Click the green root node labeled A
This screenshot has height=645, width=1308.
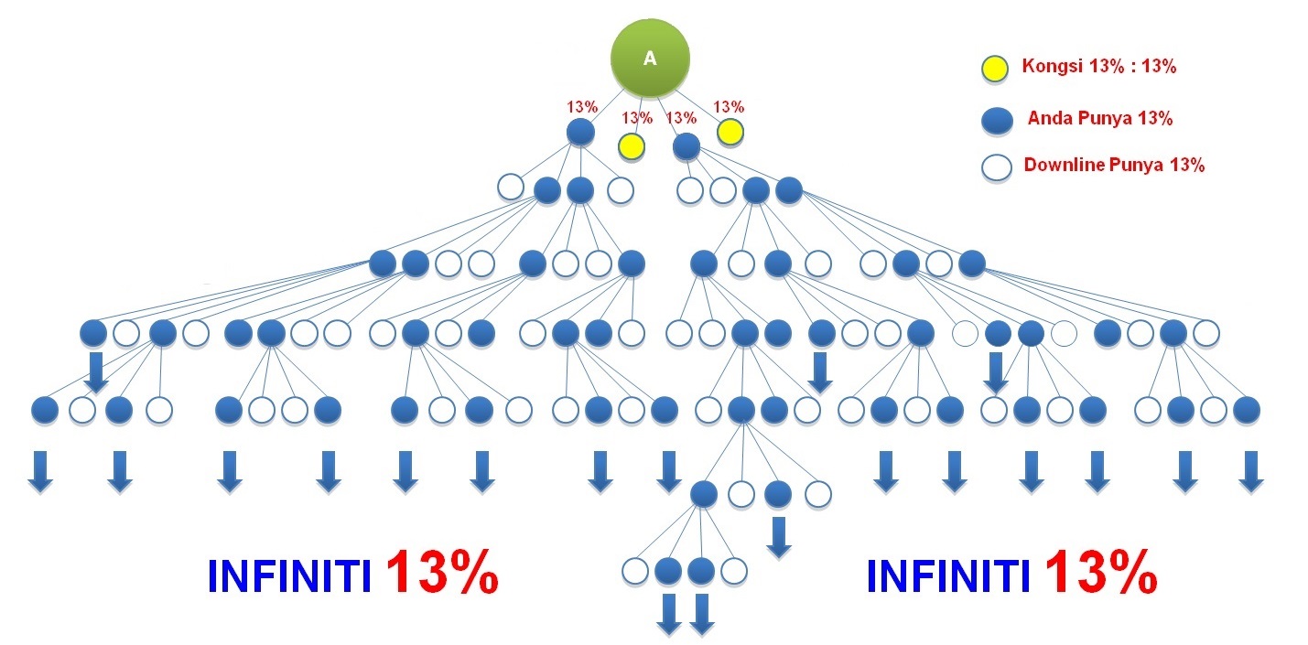tap(650, 58)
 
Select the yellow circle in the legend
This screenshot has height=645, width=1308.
tap(994, 69)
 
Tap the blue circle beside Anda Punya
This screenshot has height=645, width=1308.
tap(997, 121)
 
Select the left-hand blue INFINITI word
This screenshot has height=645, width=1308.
tap(289, 576)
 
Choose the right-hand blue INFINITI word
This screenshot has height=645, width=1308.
tap(948, 576)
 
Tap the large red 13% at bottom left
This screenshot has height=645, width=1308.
tap(441, 572)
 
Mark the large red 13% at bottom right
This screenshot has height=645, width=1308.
tap(1101, 572)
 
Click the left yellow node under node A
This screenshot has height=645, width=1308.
tap(632, 146)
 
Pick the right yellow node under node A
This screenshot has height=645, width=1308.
tap(730, 132)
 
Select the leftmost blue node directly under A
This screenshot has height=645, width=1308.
tap(580, 132)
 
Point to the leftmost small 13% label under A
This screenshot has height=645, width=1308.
tap(582, 107)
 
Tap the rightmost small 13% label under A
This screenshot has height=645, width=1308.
tap(729, 107)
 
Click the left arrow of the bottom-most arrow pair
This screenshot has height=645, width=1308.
tap(668, 614)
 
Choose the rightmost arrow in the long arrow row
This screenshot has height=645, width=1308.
tap(1250, 472)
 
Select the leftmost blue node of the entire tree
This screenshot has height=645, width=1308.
tap(44, 410)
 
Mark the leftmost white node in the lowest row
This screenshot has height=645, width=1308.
tap(634, 571)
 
